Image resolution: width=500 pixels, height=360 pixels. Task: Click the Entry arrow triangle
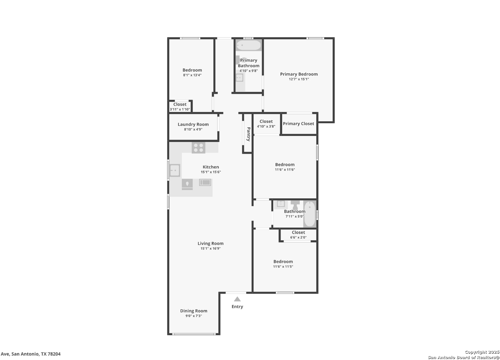tap(237, 299)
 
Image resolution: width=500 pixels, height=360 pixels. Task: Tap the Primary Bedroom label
tap(299, 74)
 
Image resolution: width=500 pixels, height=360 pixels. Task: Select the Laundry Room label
tap(193, 124)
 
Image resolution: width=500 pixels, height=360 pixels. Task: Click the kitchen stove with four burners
tap(198, 148)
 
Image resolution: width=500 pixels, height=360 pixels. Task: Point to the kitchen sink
tap(175, 170)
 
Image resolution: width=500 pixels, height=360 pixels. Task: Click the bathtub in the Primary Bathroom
tap(248, 45)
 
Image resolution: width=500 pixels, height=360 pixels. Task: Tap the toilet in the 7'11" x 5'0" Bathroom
tap(295, 205)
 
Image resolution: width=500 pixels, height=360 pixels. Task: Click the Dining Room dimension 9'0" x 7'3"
tap(194, 316)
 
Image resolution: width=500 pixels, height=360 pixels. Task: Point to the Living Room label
tap(210, 243)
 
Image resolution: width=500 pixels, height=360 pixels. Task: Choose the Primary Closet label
tap(299, 124)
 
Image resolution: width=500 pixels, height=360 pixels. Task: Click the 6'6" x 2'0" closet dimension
tap(299, 237)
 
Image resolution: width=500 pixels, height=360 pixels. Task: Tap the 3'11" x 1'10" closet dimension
tap(180, 109)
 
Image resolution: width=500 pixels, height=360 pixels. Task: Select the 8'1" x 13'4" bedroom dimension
tap(192, 75)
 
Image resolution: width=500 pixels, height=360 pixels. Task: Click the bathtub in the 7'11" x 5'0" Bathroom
tap(310, 214)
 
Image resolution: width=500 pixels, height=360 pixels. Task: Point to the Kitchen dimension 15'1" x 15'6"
tap(211, 172)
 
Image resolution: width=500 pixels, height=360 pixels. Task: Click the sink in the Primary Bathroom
tap(239, 78)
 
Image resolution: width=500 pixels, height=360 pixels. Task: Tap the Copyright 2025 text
tap(482, 352)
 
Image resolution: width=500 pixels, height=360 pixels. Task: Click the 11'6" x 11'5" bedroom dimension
tap(283, 267)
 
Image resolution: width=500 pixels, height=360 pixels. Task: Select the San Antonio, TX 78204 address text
tap(36, 354)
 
